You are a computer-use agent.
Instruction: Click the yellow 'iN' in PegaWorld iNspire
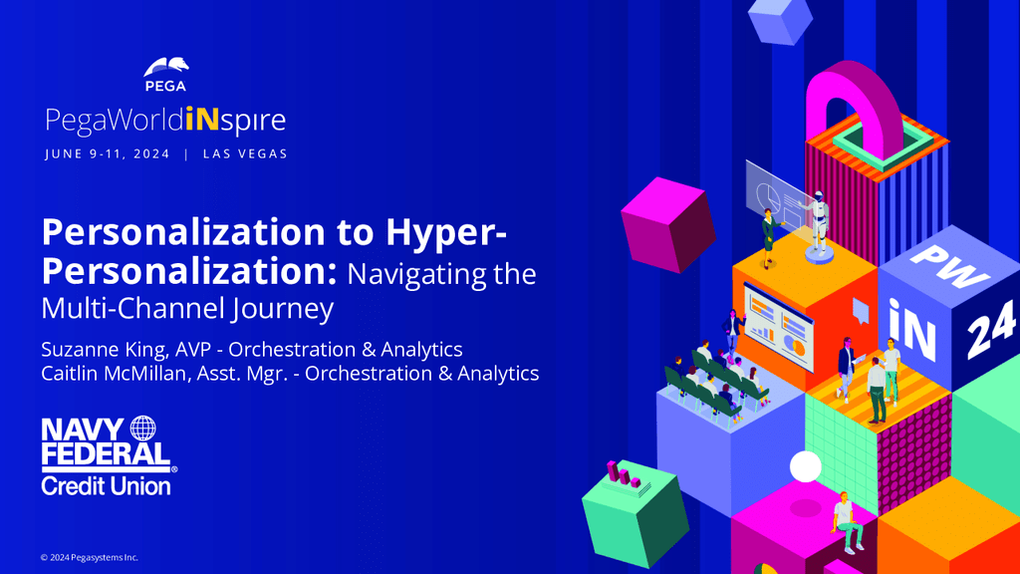point(201,120)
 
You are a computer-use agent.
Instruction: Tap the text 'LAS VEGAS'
point(245,154)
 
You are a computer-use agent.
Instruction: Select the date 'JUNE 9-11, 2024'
point(108,154)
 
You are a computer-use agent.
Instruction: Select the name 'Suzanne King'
point(104,350)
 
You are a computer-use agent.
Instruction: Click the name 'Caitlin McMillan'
point(114,374)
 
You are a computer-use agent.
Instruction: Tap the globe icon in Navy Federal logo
point(143,429)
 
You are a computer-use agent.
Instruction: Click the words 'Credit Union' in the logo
point(106,486)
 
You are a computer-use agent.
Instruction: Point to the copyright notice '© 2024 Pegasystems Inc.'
point(89,558)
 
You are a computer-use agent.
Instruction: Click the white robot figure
point(819,224)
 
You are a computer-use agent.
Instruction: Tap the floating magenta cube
point(668,224)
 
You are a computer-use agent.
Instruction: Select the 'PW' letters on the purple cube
point(949,266)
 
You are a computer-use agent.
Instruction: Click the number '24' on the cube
point(991,330)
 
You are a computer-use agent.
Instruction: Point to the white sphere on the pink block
point(805,466)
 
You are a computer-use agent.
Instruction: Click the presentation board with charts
point(779,326)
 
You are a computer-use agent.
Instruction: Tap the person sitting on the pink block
point(847,522)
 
